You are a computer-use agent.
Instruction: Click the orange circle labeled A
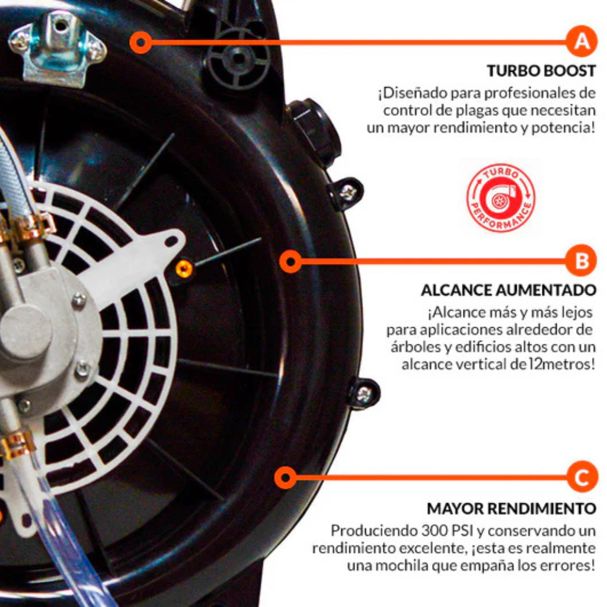click(582, 41)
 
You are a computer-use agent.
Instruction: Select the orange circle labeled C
click(583, 477)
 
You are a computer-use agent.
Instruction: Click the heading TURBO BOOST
click(541, 71)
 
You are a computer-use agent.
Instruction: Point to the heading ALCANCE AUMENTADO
click(508, 290)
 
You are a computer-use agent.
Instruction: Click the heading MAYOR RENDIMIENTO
click(512, 509)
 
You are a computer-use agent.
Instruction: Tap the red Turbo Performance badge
click(500, 198)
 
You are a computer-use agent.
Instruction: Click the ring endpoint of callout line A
click(141, 42)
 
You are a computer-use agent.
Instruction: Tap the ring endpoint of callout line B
click(290, 261)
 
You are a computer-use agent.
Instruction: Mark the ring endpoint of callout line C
click(285, 477)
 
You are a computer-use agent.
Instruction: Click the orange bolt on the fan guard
click(184, 269)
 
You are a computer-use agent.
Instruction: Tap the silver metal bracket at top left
click(57, 46)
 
